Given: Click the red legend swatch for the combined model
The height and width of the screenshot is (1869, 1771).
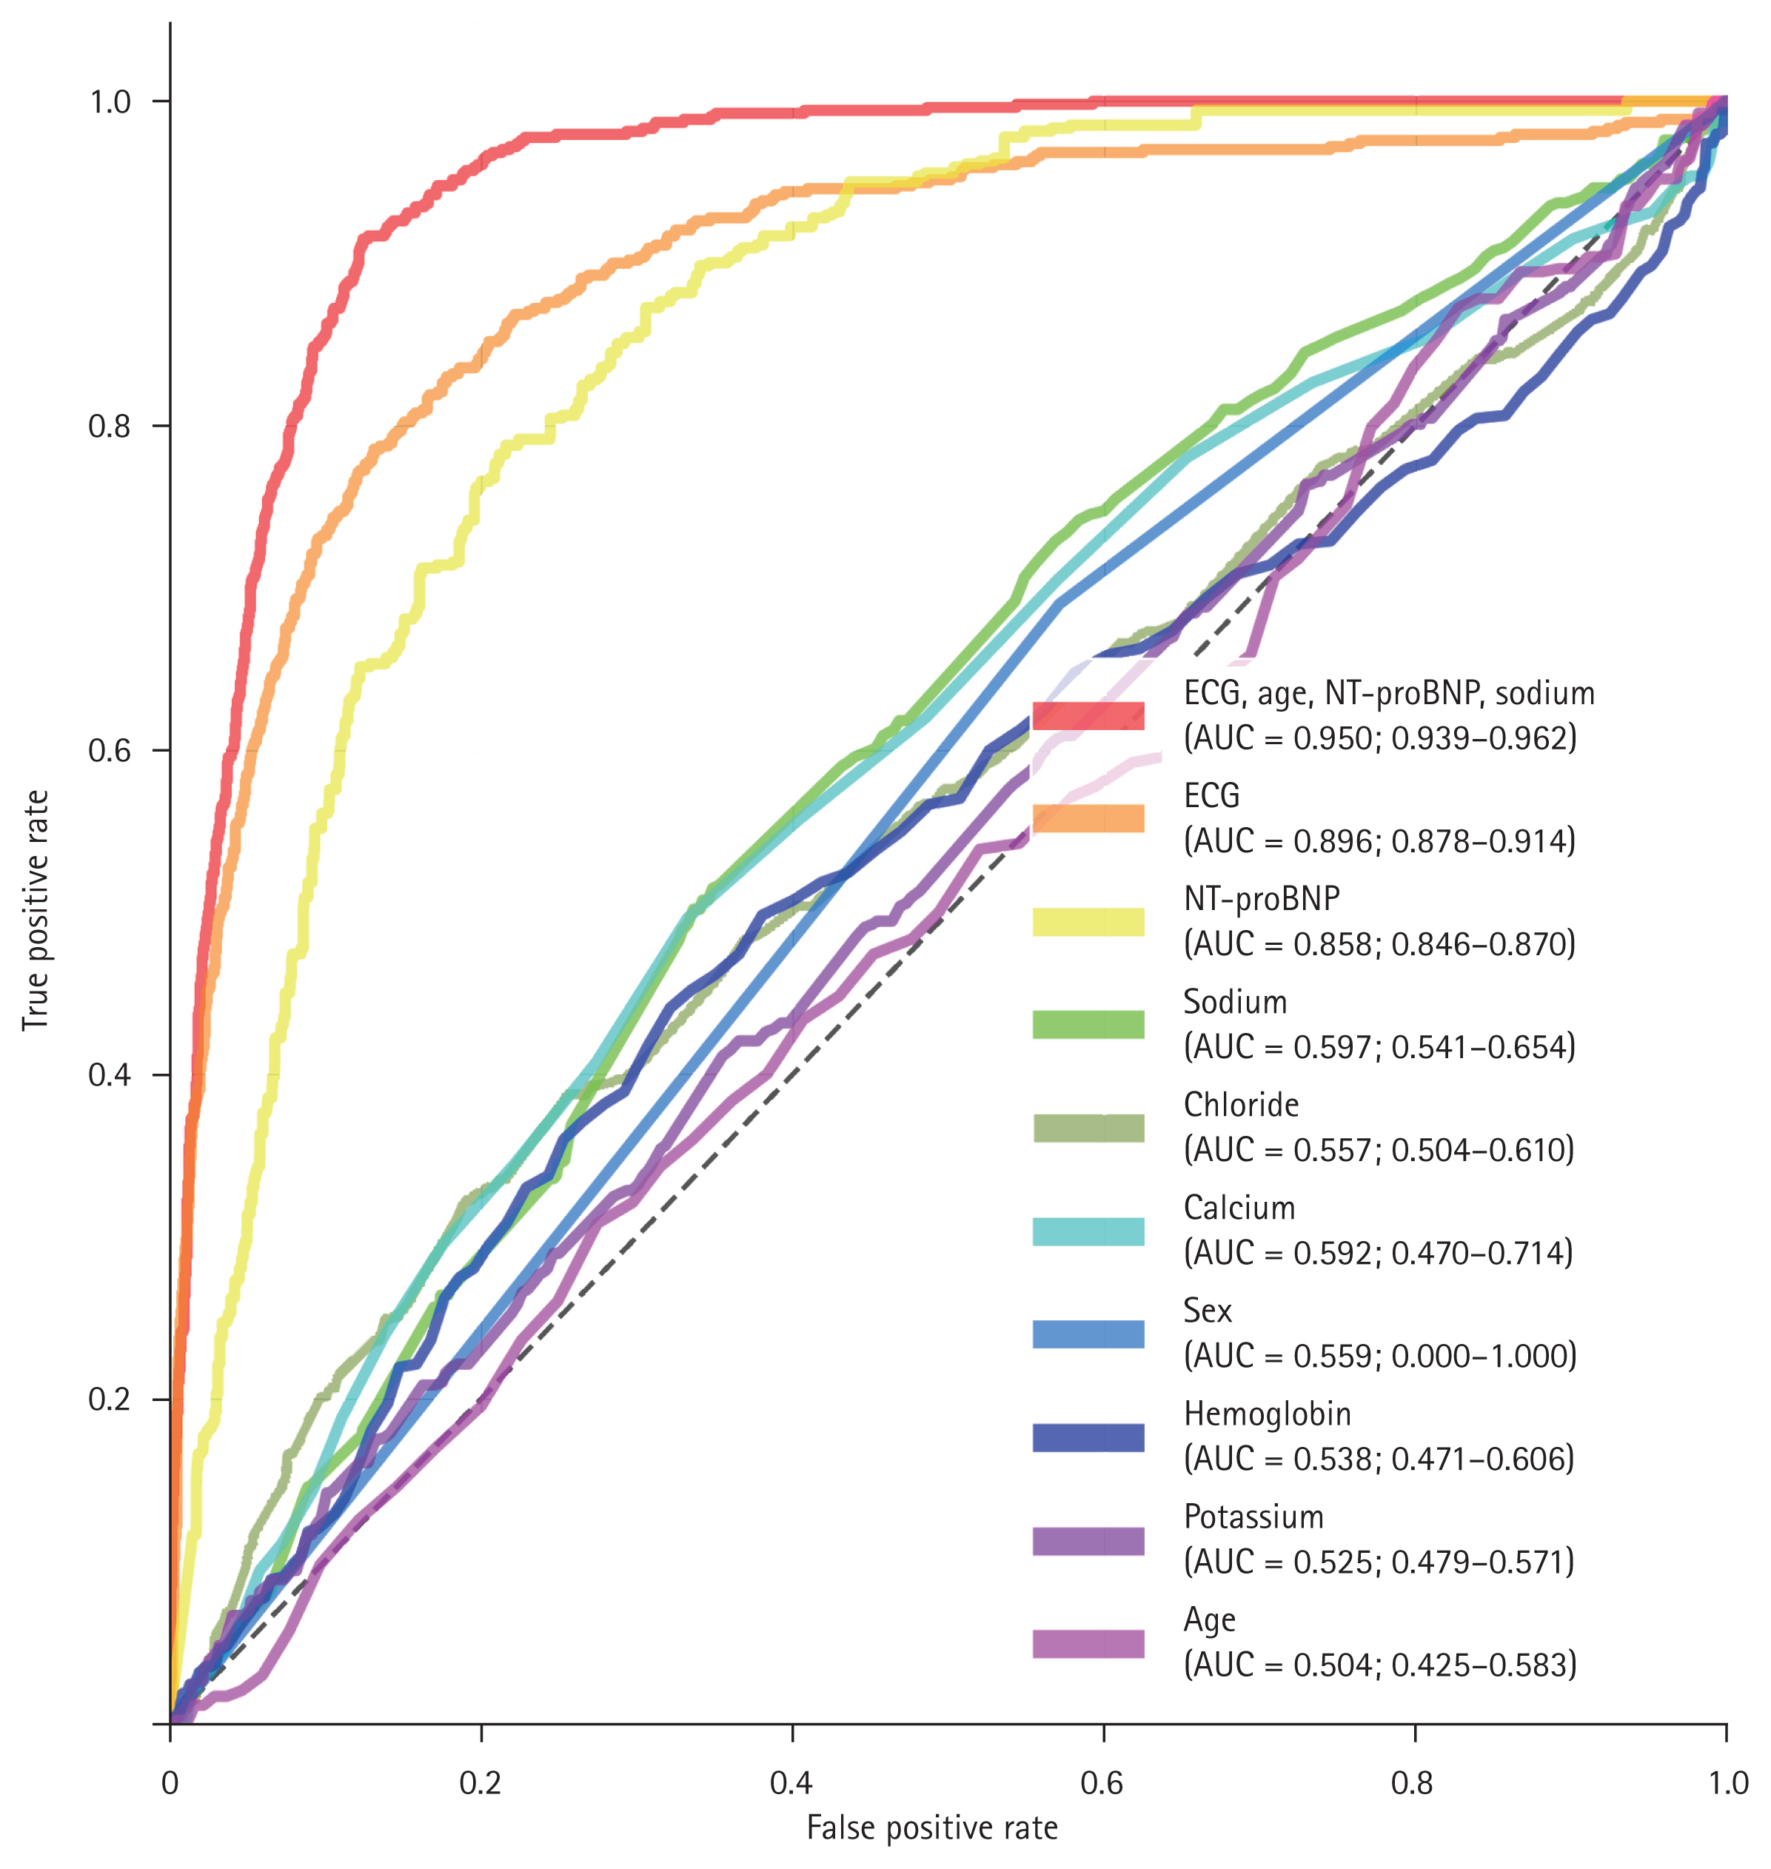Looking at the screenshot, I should point(1088,715).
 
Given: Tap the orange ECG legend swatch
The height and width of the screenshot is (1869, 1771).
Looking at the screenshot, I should point(1088,818).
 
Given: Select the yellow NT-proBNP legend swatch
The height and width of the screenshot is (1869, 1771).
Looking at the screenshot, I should point(1088,921).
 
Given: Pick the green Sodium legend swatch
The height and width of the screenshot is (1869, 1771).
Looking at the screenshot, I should point(1088,1024).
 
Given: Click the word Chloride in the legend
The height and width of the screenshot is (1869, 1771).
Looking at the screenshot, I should point(1240,1104).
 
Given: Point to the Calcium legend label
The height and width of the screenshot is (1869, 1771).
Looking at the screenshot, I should point(1239,1207).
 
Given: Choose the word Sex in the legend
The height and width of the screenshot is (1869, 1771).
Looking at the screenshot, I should point(1208,1310).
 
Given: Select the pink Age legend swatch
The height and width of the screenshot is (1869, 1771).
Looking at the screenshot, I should point(1088,1643).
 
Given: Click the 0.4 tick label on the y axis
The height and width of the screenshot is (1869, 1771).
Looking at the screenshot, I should point(109,1075).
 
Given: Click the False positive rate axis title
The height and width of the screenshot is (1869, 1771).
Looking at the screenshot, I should point(931,1828).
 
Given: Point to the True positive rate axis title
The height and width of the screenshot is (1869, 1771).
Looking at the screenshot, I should point(36,910).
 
